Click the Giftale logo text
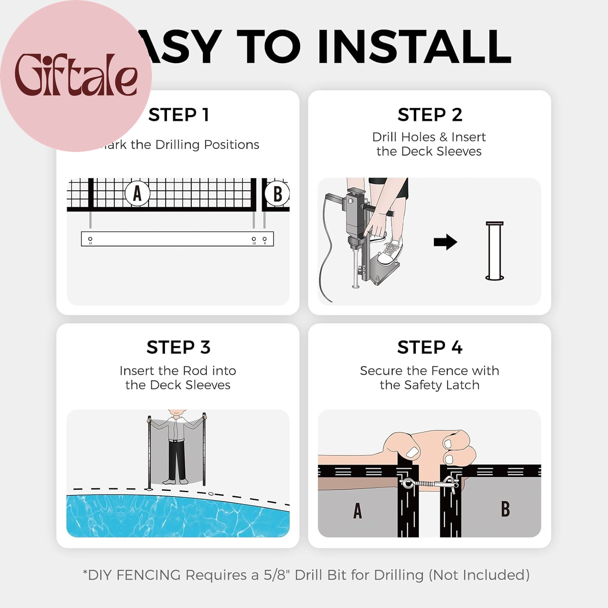pos(76,75)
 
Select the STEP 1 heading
pos(179,115)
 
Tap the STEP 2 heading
pos(430,115)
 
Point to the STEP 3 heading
pos(178,347)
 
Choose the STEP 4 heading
pos(430,347)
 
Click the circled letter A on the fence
pos(137,193)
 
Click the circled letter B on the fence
pos(277,194)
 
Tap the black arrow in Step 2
pos(445,242)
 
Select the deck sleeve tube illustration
pos(495,251)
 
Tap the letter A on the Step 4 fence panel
pos(357,511)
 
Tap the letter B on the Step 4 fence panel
pos(505,509)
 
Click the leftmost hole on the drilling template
pos(90,239)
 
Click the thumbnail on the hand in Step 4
pos(413,452)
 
